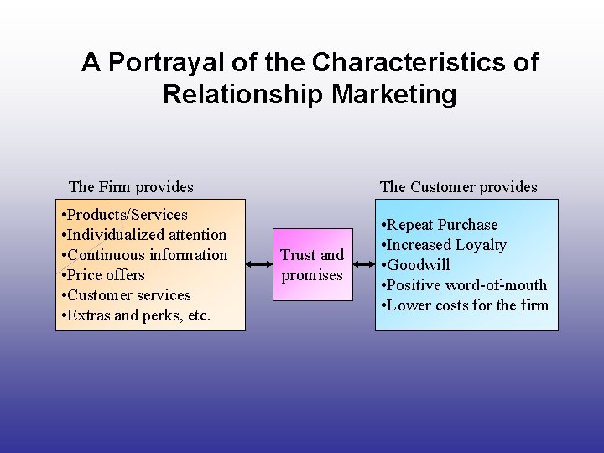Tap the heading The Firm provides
[131, 187]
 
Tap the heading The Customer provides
[459, 187]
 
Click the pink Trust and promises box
[312, 265]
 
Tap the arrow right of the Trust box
[362, 264]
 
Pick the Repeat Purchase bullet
[440, 225]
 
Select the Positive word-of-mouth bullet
[464, 285]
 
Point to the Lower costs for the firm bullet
[465, 305]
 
